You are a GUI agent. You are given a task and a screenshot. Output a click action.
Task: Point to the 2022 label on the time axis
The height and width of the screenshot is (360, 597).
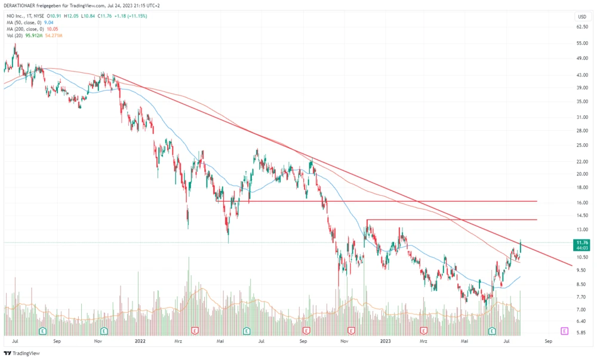point(140,341)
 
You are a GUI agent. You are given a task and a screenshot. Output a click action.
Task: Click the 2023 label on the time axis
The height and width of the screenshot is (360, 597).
point(386,341)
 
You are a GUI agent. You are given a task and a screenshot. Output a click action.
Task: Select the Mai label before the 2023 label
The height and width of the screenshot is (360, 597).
point(221,341)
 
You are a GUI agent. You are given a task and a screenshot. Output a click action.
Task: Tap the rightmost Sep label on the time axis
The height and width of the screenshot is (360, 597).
point(548,341)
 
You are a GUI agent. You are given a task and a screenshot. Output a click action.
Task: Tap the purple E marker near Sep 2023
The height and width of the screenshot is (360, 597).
point(564,330)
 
